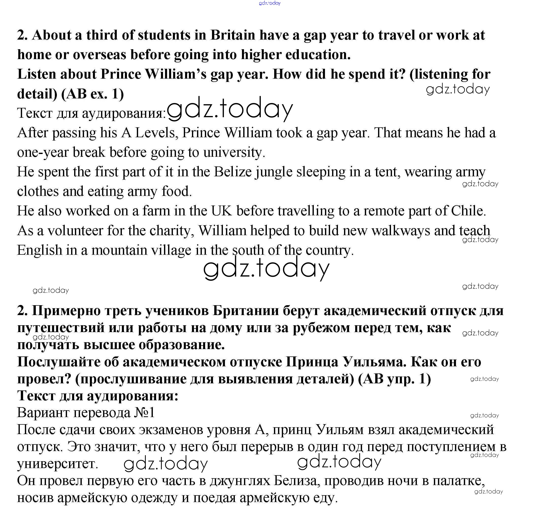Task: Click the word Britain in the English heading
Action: point(233,36)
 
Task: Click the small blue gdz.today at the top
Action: point(270,3)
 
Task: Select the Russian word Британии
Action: point(246,311)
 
